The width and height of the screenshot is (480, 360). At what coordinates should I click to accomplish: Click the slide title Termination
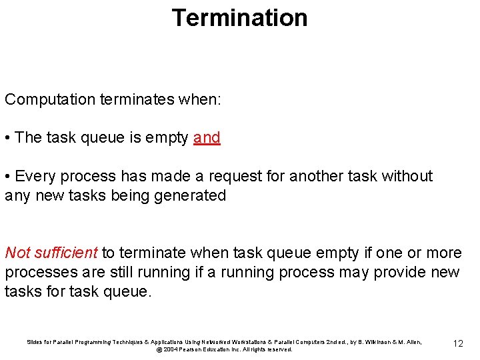pos(239,17)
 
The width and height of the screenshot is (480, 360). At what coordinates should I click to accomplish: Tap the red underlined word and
pos(207,138)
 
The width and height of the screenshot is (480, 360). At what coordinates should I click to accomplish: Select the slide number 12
pos(457,343)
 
